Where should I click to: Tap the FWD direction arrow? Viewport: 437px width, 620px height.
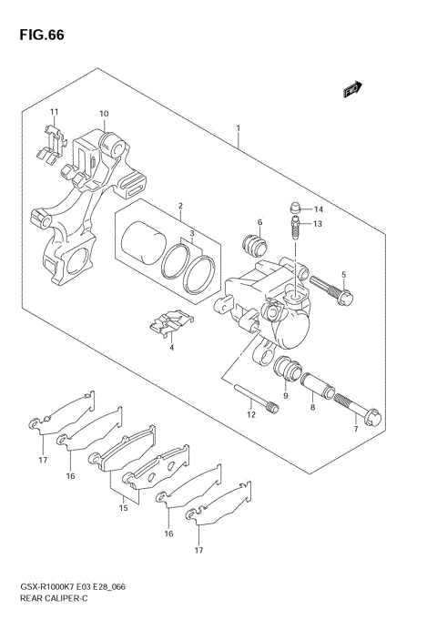[x=352, y=89]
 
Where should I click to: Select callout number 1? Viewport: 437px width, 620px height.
[x=239, y=129]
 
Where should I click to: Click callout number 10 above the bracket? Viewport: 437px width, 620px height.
[x=104, y=114]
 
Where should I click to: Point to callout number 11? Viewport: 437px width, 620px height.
[x=54, y=112]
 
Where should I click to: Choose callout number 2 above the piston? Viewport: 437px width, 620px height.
[x=180, y=206]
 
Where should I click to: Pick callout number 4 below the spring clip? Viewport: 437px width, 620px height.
[x=170, y=347]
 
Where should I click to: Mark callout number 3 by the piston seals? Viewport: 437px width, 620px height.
[x=192, y=234]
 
